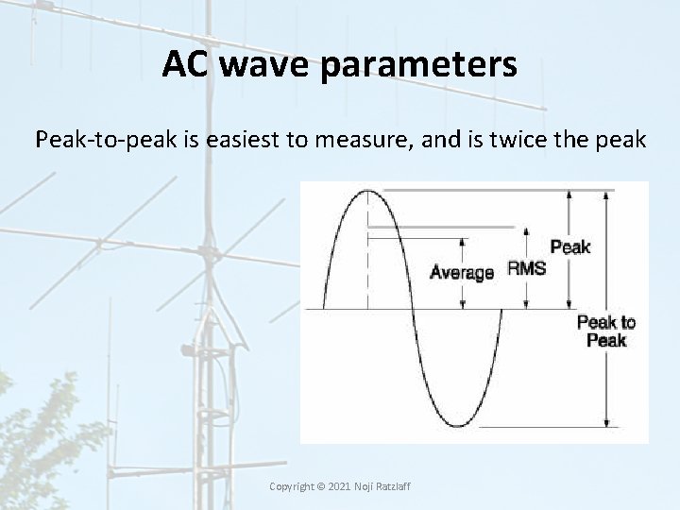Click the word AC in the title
183,64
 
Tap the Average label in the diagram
462,273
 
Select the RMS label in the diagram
526,268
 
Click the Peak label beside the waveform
569,247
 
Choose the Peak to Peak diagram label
606,331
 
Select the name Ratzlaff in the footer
394,486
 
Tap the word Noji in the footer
363,486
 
